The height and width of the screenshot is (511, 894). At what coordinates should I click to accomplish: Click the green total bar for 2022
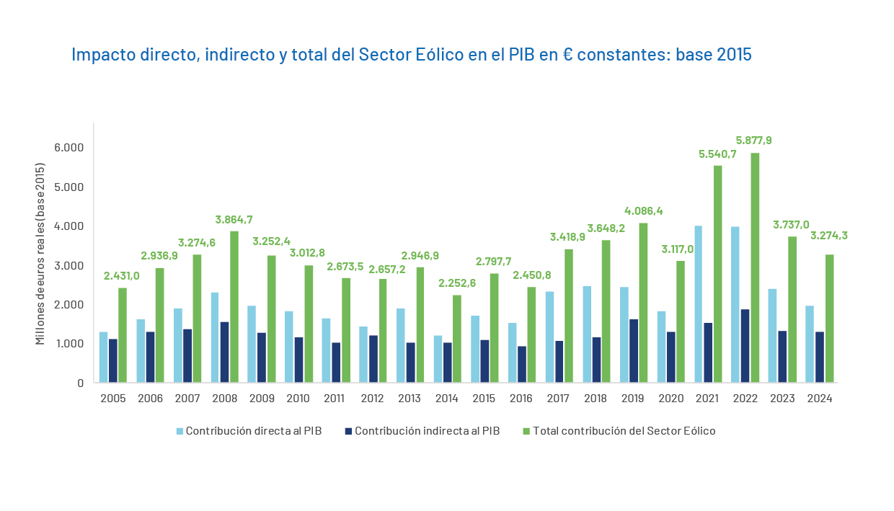pos(755,267)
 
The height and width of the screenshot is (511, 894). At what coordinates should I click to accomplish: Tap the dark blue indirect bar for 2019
pos(634,350)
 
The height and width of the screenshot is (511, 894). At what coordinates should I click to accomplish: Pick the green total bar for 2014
pos(457,339)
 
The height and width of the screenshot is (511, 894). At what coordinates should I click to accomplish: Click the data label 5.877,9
pos(754,141)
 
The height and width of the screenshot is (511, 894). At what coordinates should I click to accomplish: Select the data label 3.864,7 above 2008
pos(234,220)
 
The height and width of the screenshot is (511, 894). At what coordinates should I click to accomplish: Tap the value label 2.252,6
pos(457,283)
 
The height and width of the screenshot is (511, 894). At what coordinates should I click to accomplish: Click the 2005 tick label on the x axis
pos(112,399)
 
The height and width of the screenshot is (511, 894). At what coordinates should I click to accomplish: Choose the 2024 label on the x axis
pos(819,399)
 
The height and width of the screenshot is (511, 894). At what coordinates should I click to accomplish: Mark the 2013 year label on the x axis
pos(410,399)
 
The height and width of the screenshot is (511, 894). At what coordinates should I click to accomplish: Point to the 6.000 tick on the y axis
pos(70,148)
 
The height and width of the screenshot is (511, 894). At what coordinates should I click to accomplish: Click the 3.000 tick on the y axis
pos(70,265)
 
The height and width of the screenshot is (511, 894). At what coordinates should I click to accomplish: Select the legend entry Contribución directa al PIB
pos(253,431)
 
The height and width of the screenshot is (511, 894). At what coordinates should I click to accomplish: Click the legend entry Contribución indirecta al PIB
pos(427,431)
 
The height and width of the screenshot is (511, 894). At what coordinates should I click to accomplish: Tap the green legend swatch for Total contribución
pos(526,431)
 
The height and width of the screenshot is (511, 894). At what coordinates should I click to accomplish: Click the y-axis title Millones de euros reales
pos(40,254)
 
